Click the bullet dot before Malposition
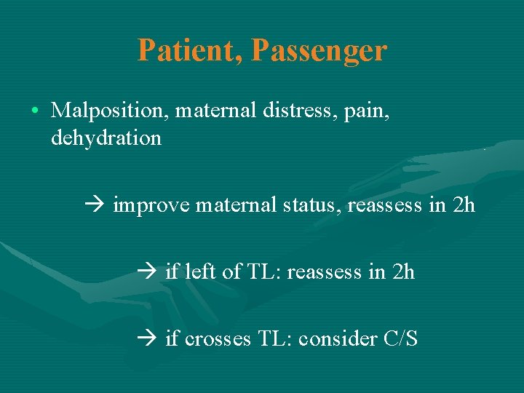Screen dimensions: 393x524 tap(35, 111)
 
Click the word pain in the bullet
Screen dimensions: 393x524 tap(370, 111)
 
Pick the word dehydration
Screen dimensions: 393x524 tap(106, 138)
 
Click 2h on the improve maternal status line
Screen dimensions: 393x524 tap(463, 205)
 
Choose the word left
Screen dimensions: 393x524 tap(198, 271)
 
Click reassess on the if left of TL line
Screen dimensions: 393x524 tap(325, 272)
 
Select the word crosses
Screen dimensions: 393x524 tap(217, 338)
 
